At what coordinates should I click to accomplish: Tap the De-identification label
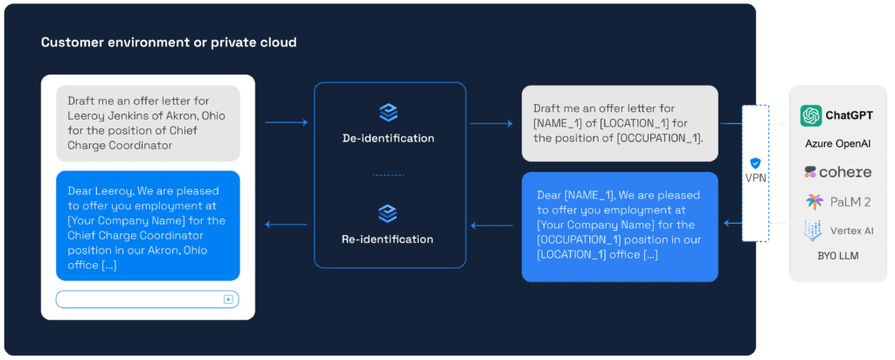pos(389,138)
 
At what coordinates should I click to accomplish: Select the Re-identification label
pos(389,239)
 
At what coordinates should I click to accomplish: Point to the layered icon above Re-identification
pos(389,213)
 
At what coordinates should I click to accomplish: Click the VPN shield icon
pos(755,163)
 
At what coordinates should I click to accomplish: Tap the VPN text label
pos(755,177)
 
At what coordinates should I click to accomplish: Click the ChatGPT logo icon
pos(810,115)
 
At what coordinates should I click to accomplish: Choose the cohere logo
pos(839,171)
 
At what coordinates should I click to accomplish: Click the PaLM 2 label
pos(850,202)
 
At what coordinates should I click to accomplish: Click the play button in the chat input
pos(228,299)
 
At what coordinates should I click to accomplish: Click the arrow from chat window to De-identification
pos(286,123)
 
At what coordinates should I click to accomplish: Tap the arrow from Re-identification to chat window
pos(286,225)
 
